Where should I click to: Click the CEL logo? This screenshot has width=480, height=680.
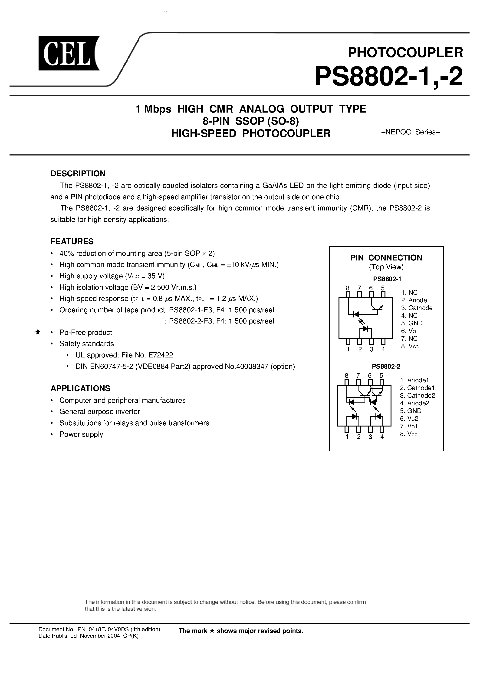[x=69, y=53]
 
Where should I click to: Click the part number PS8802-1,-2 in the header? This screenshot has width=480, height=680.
[x=388, y=77]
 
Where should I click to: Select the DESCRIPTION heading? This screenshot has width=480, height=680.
[x=78, y=173]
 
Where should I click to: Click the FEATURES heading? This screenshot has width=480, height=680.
[x=72, y=241]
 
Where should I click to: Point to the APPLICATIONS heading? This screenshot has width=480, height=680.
[x=80, y=388]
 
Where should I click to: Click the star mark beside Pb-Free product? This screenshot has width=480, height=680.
[x=38, y=332]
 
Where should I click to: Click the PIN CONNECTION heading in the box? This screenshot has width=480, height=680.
[x=386, y=258]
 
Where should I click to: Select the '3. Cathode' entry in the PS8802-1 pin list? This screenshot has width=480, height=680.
[x=417, y=308]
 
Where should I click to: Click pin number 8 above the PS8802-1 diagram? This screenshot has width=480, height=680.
[x=348, y=288]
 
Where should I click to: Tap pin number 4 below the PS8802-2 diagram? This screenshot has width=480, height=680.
[x=382, y=437]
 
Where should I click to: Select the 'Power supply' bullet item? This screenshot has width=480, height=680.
[x=81, y=434]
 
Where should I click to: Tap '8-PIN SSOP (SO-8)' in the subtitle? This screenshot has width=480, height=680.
[x=251, y=121]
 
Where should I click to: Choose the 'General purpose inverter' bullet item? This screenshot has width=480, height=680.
[x=99, y=411]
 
